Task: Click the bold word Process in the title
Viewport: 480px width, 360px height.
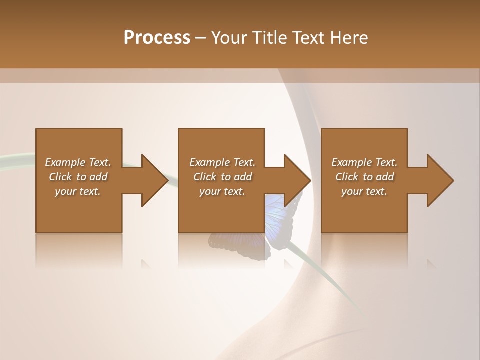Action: tap(157, 38)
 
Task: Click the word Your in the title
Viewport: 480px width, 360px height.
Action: tap(230, 38)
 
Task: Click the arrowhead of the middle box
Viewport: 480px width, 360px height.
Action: tap(296, 180)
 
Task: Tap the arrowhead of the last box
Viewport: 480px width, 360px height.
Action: tap(439, 180)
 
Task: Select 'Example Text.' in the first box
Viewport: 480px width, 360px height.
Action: tap(78, 162)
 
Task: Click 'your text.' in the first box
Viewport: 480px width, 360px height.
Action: tap(78, 191)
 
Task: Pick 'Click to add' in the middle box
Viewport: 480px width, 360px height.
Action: tap(222, 177)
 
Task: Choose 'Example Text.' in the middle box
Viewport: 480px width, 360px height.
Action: tap(222, 162)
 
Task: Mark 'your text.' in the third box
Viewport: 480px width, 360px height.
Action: tap(364, 191)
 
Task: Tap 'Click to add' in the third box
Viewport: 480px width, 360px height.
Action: tap(364, 177)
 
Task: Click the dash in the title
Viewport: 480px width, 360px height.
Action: tap(201, 38)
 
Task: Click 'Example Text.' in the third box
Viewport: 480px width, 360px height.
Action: tap(364, 162)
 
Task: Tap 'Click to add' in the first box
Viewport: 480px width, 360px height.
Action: tap(78, 177)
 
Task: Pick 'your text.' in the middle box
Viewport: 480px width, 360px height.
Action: tap(222, 191)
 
